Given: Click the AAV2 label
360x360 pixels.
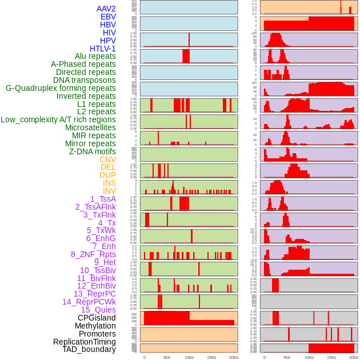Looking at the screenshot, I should [x=106, y=9].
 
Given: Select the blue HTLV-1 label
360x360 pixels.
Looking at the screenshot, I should [x=103, y=49].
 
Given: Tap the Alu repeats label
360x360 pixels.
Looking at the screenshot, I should [x=95, y=56].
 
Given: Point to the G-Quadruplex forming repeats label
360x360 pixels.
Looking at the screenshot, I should [x=61, y=88].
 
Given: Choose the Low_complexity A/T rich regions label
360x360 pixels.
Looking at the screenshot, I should [x=58, y=119].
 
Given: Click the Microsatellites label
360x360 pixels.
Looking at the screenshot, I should [x=90, y=127].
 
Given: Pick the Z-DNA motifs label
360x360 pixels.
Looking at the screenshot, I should [x=93, y=151].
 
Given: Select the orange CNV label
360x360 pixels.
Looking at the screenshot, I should [x=107, y=159].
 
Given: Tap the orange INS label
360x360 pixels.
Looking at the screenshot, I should [x=109, y=183].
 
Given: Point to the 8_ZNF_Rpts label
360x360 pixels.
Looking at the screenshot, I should [x=93, y=254].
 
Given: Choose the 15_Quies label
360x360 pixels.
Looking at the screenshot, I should [x=98, y=310].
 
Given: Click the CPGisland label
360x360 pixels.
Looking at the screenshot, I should [x=97, y=318].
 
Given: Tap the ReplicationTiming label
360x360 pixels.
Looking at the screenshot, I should [x=85, y=342].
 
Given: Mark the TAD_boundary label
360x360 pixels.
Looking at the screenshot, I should [x=89, y=349].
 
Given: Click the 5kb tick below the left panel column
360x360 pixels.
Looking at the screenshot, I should [x=167, y=357].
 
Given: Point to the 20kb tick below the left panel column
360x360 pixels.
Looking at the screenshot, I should [x=233, y=357].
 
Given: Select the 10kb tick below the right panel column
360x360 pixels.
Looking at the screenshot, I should [x=309, y=357].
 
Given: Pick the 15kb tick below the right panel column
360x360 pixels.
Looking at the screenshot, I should [x=331, y=357].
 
